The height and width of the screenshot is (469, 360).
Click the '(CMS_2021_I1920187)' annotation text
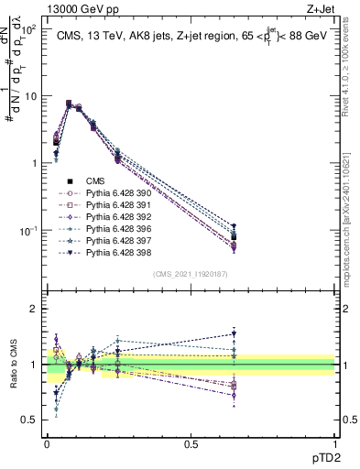pyautogui.click(x=190, y=274)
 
